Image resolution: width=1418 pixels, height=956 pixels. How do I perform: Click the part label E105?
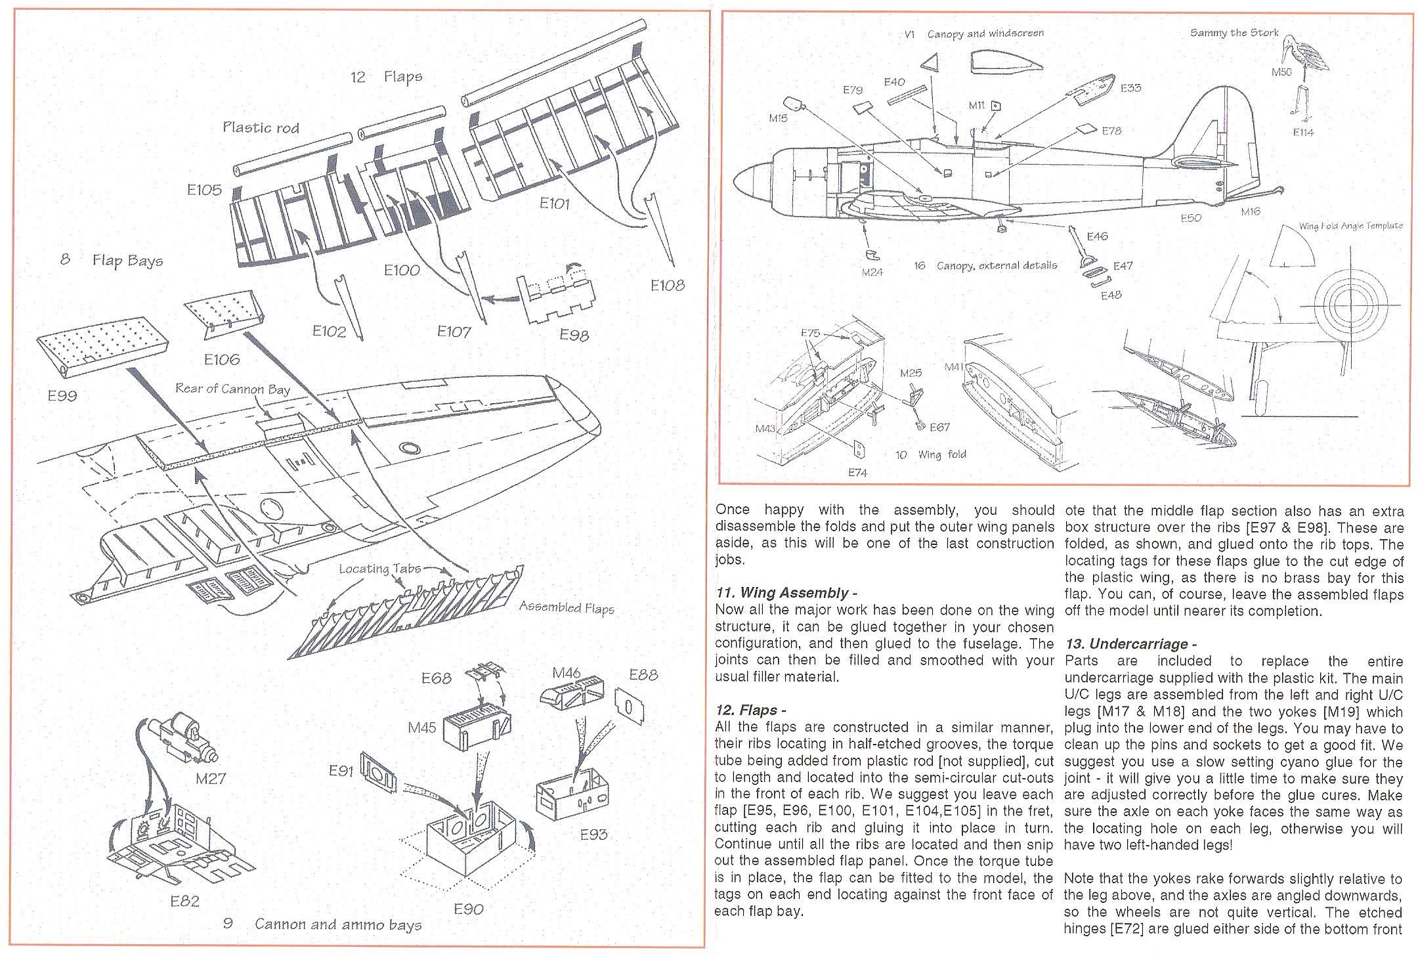click(204, 190)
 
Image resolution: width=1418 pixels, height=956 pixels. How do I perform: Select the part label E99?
click(62, 395)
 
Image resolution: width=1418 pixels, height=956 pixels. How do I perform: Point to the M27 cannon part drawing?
click(181, 739)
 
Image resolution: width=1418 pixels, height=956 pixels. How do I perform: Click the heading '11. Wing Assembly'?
click(785, 593)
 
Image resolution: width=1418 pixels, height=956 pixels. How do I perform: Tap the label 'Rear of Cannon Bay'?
click(232, 389)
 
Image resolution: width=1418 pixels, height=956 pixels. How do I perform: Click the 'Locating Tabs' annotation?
click(379, 569)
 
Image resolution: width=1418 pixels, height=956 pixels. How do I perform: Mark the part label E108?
click(667, 285)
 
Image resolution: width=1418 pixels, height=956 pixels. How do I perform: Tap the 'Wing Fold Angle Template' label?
click(1350, 226)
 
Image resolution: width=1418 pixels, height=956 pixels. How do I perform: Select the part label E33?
click(1130, 88)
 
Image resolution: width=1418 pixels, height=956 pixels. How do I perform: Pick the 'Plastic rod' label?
click(261, 127)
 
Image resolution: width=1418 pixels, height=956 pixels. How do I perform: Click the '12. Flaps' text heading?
click(750, 710)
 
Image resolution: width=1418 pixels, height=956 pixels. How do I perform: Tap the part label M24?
click(872, 272)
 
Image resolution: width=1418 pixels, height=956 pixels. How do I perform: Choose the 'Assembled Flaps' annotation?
click(567, 607)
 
